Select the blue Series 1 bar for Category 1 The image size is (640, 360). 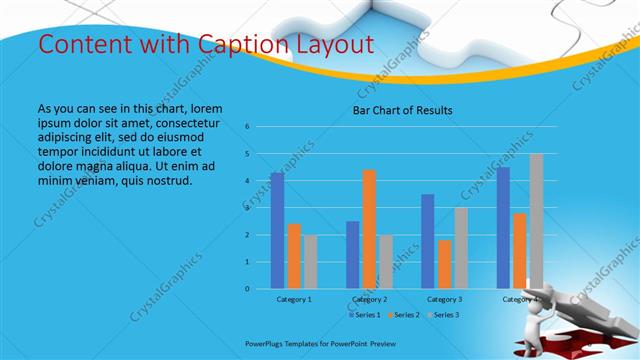pyautogui.click(x=277, y=231)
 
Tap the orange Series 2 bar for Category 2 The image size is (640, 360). pyautogui.click(x=369, y=229)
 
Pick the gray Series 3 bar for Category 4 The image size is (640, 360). pyautogui.click(x=536, y=221)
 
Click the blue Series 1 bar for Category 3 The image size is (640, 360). pyautogui.click(x=428, y=241)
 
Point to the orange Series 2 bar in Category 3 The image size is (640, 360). pyautogui.click(x=444, y=264)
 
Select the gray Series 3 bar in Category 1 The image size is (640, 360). pyautogui.click(x=310, y=262)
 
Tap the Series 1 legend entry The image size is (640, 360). pyautogui.click(x=366, y=315)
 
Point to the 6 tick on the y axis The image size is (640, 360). pyautogui.click(x=247, y=127)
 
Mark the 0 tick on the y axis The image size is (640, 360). pyautogui.click(x=247, y=289)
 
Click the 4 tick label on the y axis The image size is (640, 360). pyautogui.click(x=247, y=181)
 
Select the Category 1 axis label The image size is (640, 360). pyautogui.click(x=294, y=299)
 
